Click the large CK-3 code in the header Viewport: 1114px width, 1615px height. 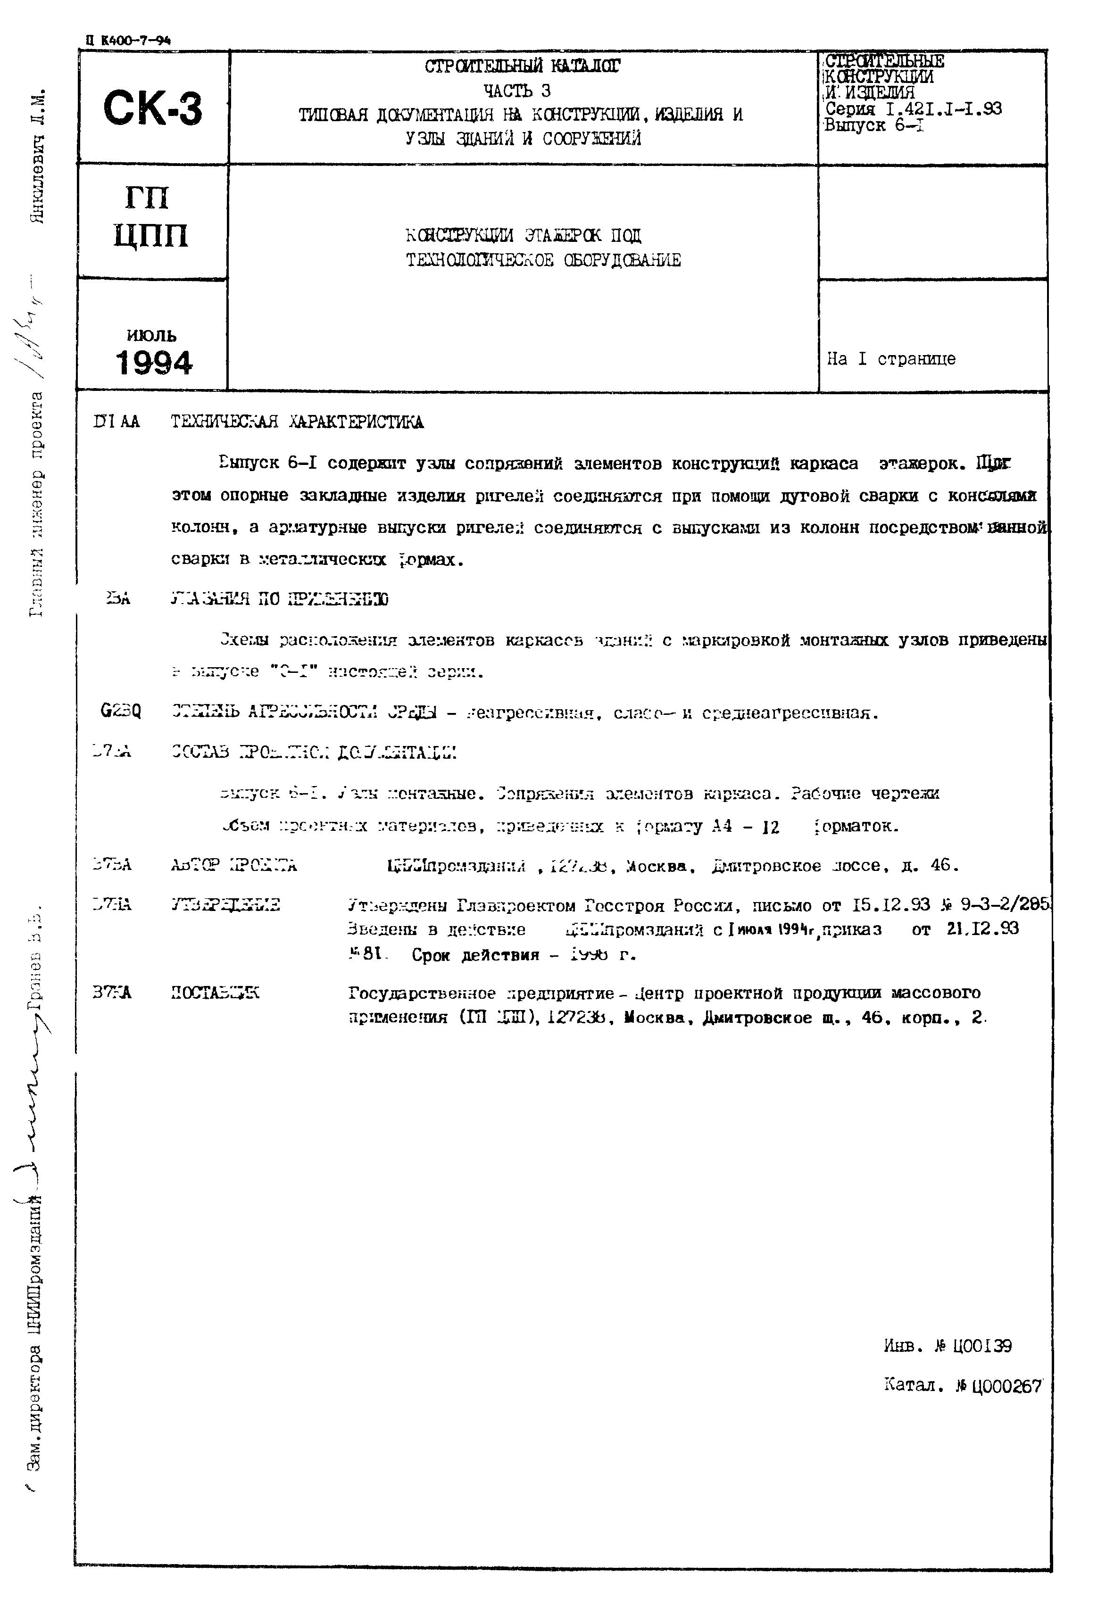click(152, 109)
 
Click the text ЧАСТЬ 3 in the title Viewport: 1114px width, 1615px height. click(517, 91)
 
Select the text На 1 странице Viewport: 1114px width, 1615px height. click(891, 359)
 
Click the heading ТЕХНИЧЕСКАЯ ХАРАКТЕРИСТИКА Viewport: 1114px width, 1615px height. click(297, 422)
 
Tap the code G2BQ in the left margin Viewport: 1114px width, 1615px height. click(121, 711)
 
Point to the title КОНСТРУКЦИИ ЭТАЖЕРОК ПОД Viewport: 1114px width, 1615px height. click(524, 236)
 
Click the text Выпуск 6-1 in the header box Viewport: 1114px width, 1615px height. click(874, 125)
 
